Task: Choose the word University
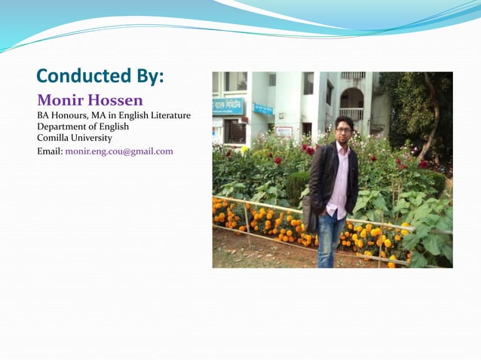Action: click(93, 138)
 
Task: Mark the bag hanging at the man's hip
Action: click(310, 214)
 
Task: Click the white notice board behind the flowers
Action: click(284, 131)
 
